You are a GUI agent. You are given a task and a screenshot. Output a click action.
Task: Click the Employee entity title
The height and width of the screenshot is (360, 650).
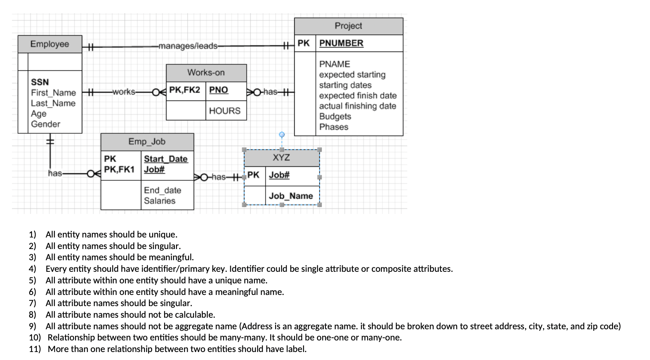pyautogui.click(x=50, y=44)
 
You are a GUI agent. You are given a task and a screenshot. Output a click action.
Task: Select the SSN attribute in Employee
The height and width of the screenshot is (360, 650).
pyautogui.click(x=40, y=82)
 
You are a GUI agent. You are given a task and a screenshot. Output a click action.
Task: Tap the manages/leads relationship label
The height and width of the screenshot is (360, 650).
pyautogui.click(x=188, y=46)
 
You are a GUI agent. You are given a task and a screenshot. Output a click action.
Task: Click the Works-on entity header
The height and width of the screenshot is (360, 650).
pyautogui.click(x=206, y=73)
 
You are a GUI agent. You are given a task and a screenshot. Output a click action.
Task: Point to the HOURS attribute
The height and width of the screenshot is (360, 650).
pyautogui.click(x=225, y=111)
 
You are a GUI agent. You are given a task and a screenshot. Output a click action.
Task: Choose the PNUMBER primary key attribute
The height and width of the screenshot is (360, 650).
pyautogui.click(x=341, y=43)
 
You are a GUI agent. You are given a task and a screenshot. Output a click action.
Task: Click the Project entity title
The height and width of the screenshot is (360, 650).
pyautogui.click(x=348, y=26)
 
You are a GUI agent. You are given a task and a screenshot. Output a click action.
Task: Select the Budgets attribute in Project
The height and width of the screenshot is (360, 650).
pyautogui.click(x=335, y=117)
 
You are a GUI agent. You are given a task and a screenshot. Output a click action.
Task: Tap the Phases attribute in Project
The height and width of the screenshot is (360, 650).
pyautogui.click(x=334, y=127)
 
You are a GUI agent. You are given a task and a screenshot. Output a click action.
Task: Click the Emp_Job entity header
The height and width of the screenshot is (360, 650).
pyautogui.click(x=147, y=142)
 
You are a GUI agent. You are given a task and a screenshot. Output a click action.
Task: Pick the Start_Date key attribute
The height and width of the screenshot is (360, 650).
pyautogui.click(x=166, y=159)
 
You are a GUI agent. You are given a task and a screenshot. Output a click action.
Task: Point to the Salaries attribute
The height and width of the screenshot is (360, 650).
pyautogui.click(x=160, y=201)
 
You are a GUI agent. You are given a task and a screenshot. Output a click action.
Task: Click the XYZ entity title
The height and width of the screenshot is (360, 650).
pyautogui.click(x=281, y=158)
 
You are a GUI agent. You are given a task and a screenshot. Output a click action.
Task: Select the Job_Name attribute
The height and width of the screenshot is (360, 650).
pyautogui.click(x=291, y=196)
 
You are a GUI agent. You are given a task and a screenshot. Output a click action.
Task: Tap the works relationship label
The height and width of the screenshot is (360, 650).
pyautogui.click(x=124, y=92)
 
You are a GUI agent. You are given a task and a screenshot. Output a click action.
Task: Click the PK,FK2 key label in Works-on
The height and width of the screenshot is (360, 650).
pyautogui.click(x=184, y=90)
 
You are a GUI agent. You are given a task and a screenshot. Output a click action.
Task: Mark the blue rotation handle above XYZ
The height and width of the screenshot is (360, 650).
pyautogui.click(x=281, y=135)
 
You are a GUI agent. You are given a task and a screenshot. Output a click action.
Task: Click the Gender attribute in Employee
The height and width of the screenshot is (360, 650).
pyautogui.click(x=46, y=124)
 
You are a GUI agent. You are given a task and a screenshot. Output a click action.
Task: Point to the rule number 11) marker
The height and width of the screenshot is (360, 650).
pyautogui.click(x=35, y=349)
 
